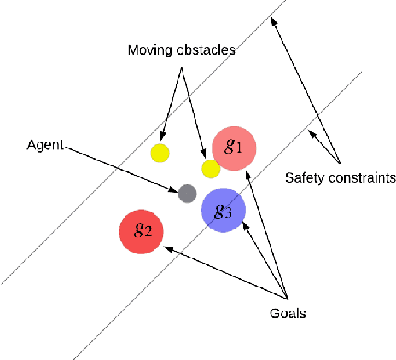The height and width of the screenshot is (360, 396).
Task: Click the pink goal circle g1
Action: tap(233, 148)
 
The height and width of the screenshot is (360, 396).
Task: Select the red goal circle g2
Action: tap(143, 231)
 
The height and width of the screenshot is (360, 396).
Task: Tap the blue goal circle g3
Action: tap(223, 211)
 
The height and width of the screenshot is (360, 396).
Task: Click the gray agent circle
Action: tap(187, 194)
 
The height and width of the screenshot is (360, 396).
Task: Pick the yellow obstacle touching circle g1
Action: tap(210, 168)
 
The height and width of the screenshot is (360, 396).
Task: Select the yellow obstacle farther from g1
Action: tap(160, 154)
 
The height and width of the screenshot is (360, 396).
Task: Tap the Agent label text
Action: tap(44, 146)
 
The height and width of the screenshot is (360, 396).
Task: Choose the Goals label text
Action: tap(285, 313)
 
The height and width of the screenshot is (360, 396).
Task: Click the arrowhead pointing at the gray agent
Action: tap(178, 189)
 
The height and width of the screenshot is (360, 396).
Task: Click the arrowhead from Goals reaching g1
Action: tap(249, 173)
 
